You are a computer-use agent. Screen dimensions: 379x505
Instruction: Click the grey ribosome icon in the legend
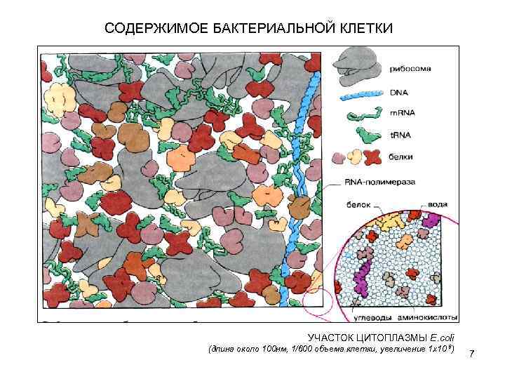click(358, 65)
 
